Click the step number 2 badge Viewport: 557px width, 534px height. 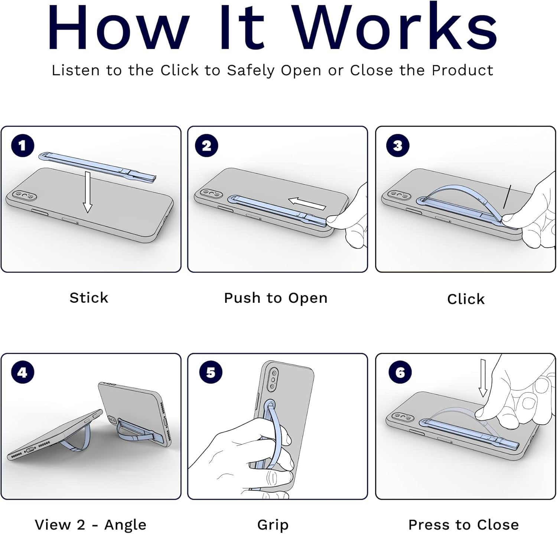pos(206,145)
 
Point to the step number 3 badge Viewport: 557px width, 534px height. pos(398,145)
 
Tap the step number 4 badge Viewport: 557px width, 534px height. pos(23,372)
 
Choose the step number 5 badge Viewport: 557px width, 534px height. pos(211,372)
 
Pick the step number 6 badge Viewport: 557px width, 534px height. pos(400,372)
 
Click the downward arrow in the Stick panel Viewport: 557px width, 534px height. pos(87,192)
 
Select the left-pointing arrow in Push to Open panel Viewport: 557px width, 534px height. pos(307,203)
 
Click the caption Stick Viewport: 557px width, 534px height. pos(89,298)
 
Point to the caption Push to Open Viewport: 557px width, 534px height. pos(276,298)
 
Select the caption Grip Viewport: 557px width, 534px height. pos(273,525)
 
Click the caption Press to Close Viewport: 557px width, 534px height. pos(463,525)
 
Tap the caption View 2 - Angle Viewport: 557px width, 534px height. pos(91,525)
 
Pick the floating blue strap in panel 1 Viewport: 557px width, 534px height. pos(98,167)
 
